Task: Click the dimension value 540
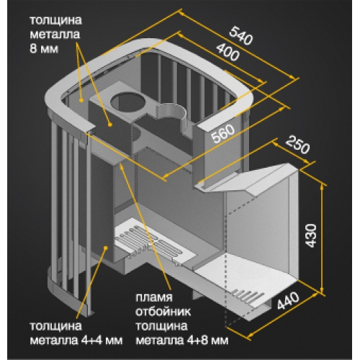pyautogui.click(x=240, y=36)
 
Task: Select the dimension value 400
pyautogui.click(x=228, y=52)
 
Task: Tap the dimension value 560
pyautogui.click(x=222, y=133)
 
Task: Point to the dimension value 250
pyautogui.click(x=297, y=145)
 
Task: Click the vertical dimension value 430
pyautogui.click(x=311, y=235)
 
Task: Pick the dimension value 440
pyautogui.click(x=288, y=300)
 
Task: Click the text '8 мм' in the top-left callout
pyautogui.click(x=44, y=49)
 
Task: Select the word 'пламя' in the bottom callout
pyautogui.click(x=154, y=298)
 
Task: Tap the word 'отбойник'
pyautogui.click(x=163, y=312)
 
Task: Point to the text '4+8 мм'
pyautogui.click(x=207, y=340)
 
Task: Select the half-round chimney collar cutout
pyautogui.click(x=171, y=114)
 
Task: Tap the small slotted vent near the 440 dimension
pyautogui.click(x=247, y=297)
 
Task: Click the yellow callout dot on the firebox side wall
pyautogui.click(x=105, y=248)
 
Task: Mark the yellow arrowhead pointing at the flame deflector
pyautogui.click(x=122, y=166)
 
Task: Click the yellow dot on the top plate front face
pyautogui.click(x=110, y=125)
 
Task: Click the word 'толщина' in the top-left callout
pyautogui.click(x=55, y=21)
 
